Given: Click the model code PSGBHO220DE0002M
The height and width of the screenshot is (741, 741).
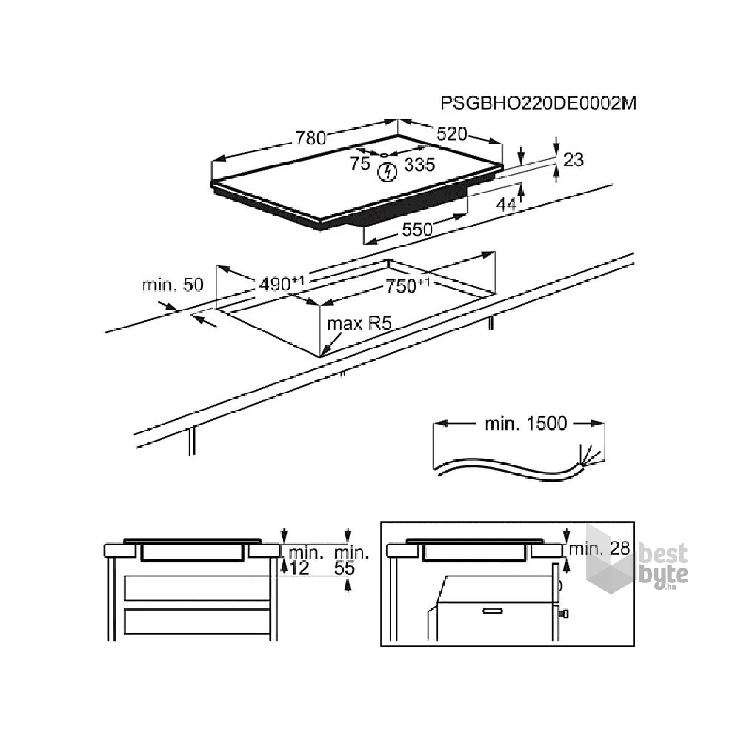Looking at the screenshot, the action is [x=538, y=102].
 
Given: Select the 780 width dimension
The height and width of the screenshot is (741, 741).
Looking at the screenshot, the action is [x=311, y=138].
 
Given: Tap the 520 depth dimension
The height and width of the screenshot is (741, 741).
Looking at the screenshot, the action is [x=452, y=134].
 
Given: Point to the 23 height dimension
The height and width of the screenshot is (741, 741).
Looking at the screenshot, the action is [x=574, y=160].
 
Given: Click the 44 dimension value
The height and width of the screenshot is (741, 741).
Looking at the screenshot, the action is [x=507, y=205].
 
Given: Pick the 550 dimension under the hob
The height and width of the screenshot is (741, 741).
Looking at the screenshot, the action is [x=417, y=230].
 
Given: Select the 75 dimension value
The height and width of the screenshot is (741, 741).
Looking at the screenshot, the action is [x=360, y=164].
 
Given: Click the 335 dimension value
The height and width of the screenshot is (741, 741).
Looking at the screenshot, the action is [x=419, y=165].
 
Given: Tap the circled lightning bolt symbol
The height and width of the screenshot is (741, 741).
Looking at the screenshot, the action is [x=387, y=173].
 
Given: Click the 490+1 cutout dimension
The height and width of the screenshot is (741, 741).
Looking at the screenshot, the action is [x=282, y=284].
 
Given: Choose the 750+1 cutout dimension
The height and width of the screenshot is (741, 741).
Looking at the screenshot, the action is [x=408, y=285].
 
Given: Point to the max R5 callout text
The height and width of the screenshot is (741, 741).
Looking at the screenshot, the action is [x=359, y=324].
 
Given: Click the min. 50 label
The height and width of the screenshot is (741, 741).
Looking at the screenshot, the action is [x=173, y=285].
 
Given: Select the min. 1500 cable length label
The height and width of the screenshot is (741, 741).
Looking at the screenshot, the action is [x=525, y=423].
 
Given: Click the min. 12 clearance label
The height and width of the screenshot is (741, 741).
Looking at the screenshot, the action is [x=305, y=560].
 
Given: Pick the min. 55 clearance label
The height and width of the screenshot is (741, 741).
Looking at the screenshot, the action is [x=351, y=560].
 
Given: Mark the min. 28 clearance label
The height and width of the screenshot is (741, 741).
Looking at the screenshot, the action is [x=599, y=548].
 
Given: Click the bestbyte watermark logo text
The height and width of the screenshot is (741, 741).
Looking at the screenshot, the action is [x=663, y=565].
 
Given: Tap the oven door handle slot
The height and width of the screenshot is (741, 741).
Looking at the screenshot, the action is [x=493, y=611].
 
